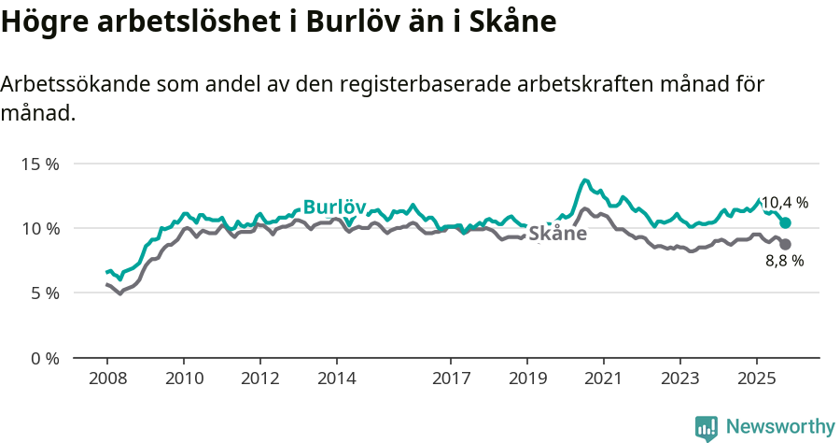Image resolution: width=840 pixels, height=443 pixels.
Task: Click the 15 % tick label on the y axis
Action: pyautogui.click(x=40, y=164)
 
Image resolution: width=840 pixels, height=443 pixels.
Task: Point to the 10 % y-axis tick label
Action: pyautogui.click(x=40, y=228)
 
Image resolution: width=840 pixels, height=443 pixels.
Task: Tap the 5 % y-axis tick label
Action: pyautogui.click(x=44, y=293)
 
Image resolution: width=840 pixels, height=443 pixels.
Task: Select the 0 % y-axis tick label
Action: pyautogui.click(x=44, y=358)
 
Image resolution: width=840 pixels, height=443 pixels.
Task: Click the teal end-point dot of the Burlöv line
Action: pyautogui.click(x=785, y=222)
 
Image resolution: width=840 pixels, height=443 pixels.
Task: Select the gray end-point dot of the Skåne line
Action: pyautogui.click(x=785, y=244)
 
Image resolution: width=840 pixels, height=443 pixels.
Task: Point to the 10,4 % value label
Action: pyautogui.click(x=784, y=202)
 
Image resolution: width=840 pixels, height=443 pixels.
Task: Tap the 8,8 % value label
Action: pyautogui.click(x=784, y=262)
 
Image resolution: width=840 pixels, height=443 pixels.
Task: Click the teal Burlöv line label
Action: pyautogui.click(x=334, y=207)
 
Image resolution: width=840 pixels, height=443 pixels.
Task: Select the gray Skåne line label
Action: pyautogui.click(x=557, y=234)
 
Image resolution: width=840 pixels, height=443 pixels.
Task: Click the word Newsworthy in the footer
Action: pyautogui.click(x=780, y=427)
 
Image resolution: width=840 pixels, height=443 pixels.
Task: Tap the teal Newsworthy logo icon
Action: pyautogui.click(x=707, y=428)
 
